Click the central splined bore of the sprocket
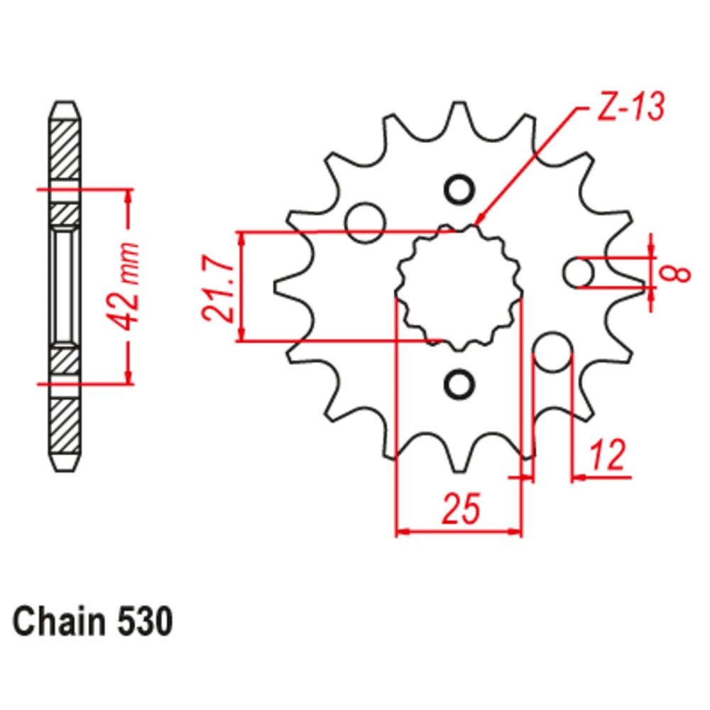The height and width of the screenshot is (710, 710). (459, 288)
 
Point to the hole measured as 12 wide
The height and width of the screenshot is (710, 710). (552, 353)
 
